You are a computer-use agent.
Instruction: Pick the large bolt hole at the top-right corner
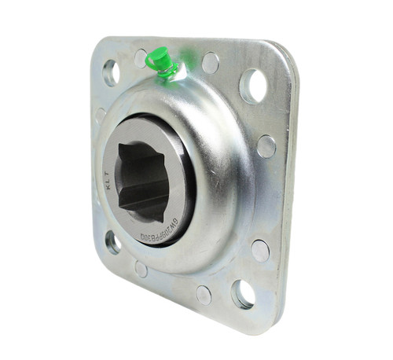click(253, 84)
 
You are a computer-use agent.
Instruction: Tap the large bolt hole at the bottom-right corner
click(244, 293)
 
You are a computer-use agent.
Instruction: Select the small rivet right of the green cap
click(210, 63)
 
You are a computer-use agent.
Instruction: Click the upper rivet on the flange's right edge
click(266, 146)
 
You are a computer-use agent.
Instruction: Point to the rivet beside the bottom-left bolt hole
click(141, 269)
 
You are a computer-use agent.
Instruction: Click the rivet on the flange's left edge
click(101, 116)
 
